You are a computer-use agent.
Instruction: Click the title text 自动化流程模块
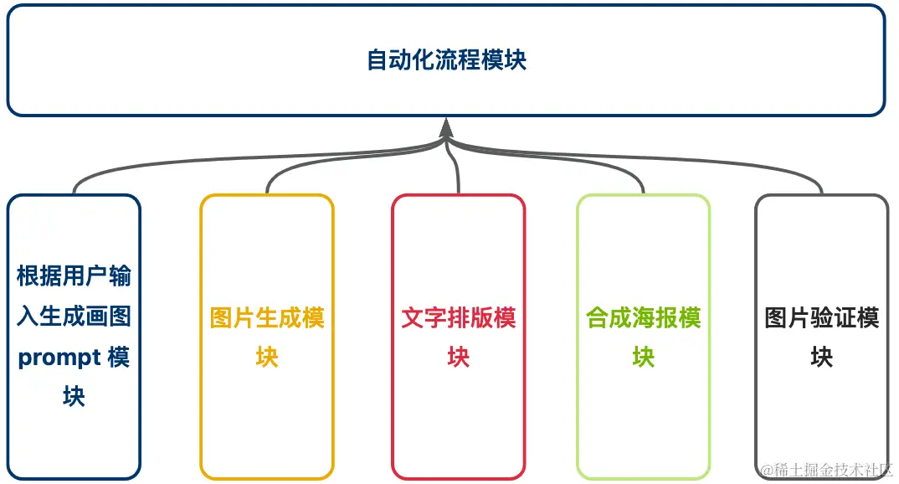tap(446, 60)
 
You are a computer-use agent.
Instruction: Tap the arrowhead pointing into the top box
tap(446, 126)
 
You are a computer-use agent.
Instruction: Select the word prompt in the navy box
tap(56, 358)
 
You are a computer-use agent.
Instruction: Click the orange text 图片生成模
tap(267, 318)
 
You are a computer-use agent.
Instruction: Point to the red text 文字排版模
tap(458, 318)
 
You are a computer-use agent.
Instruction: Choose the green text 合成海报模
tap(643, 318)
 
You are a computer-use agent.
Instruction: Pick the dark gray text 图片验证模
tap(822, 318)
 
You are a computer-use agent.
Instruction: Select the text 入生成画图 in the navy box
tap(74, 317)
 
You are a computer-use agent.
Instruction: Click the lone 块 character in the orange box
tap(267, 358)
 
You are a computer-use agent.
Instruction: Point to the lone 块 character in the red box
tap(458, 358)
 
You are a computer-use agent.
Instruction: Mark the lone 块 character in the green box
tap(643, 358)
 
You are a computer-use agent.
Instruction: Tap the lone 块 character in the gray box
tap(822, 358)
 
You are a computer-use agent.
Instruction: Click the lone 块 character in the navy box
tap(74, 397)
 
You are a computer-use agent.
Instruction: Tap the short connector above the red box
tap(458, 176)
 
